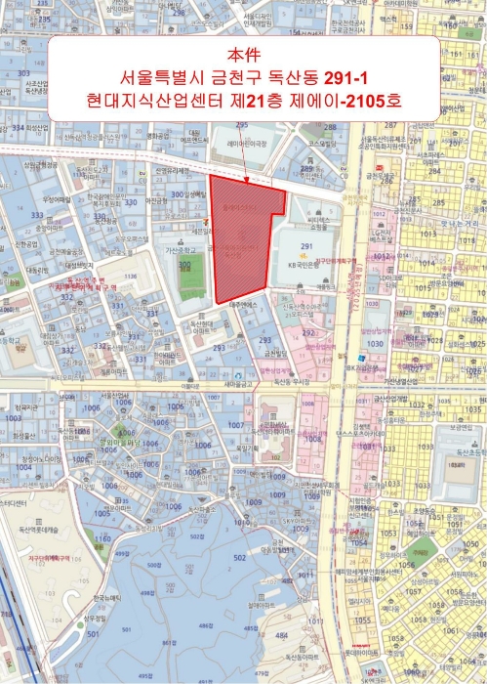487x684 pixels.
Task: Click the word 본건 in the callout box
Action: pyautogui.click(x=244, y=55)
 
